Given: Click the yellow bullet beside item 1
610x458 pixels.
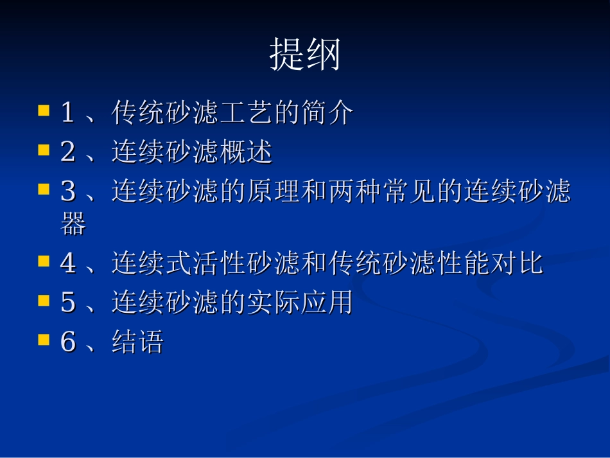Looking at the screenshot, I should [x=44, y=110].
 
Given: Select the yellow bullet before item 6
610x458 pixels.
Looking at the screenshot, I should [x=44, y=339].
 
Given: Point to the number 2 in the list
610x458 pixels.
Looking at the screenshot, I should [x=67, y=153].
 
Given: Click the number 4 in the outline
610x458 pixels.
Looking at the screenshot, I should [x=67, y=264].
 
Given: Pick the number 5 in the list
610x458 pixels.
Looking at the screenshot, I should [x=67, y=303].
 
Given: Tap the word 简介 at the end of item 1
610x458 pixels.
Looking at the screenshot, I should [x=327, y=114].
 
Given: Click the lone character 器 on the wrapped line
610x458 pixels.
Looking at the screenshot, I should [x=73, y=224].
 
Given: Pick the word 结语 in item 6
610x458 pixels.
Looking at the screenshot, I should [x=137, y=342].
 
